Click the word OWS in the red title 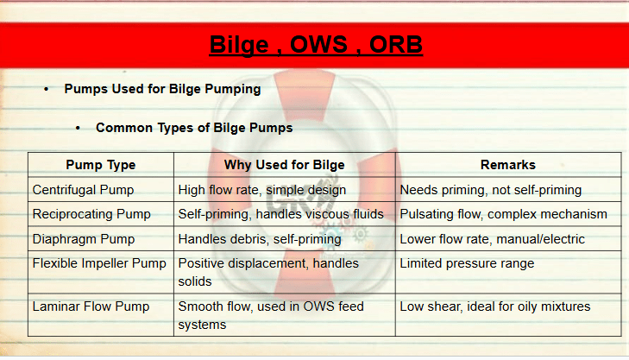(318, 44)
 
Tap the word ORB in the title (395, 44)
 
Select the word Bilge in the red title (239, 45)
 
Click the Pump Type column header (101, 165)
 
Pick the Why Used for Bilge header (285, 165)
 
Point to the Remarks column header (508, 165)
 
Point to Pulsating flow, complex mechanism (503, 214)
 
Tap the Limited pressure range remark (467, 263)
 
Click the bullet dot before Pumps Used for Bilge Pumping (47, 89)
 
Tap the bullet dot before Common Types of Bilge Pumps (78, 128)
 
